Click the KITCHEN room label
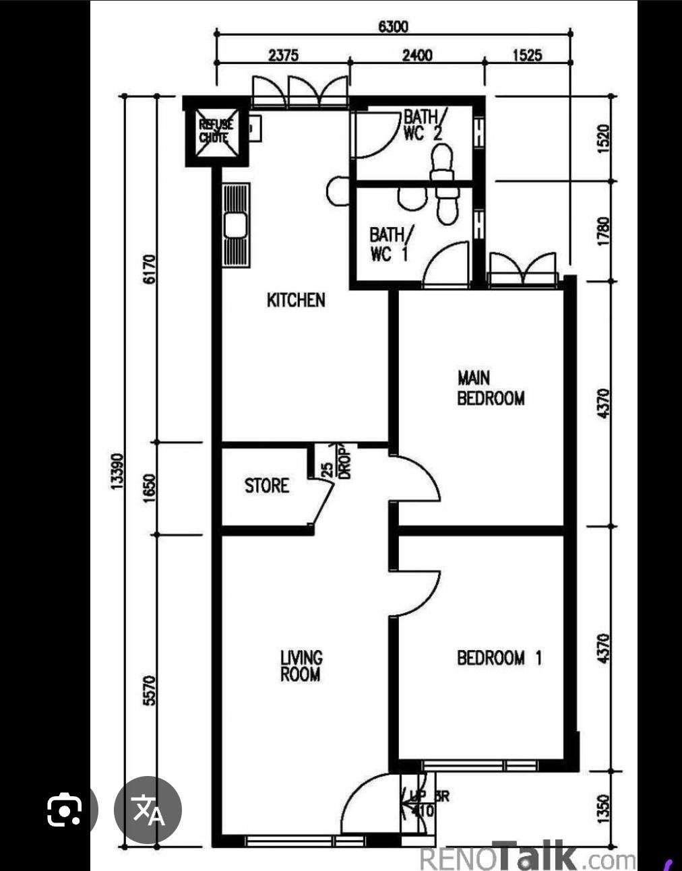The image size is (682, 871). point(296,300)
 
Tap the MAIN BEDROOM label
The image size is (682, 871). point(490,388)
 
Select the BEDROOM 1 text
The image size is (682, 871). point(499,657)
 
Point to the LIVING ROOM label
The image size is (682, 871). point(301,666)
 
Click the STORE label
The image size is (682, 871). point(266,486)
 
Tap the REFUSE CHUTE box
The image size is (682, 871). point(216,131)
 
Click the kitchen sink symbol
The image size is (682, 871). point(235,226)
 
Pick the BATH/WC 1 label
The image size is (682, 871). point(387,244)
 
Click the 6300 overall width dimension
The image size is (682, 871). point(393,26)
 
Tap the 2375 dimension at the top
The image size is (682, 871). point(283,55)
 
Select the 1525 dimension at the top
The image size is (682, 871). point(527,55)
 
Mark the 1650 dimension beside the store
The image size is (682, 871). point(150,487)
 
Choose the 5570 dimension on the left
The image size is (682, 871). point(150,690)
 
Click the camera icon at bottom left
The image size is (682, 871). point(65,810)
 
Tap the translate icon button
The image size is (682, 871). point(148,811)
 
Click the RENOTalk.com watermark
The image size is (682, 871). point(528,858)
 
